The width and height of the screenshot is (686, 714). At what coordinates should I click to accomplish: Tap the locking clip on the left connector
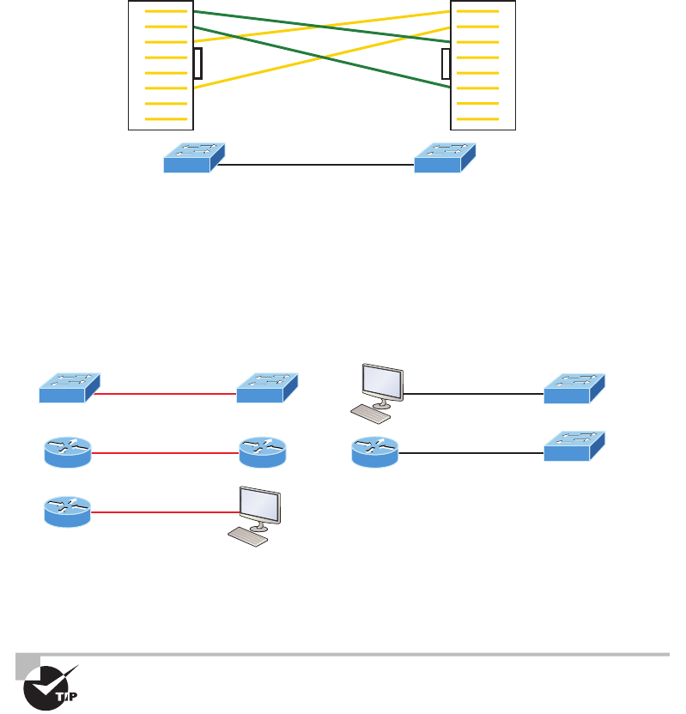[198, 64]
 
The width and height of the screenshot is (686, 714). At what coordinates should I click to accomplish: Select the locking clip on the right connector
[445, 64]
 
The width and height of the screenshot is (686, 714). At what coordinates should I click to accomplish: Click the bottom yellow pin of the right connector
[477, 118]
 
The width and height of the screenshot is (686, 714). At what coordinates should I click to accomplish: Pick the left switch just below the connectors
[192, 158]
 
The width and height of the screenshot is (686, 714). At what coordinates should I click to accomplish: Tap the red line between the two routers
[164, 451]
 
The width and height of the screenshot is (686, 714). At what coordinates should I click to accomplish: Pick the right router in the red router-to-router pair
[263, 451]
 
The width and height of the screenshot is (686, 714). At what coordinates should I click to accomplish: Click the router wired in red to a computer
[67, 510]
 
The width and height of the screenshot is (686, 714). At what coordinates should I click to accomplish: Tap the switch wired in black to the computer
[574, 388]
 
